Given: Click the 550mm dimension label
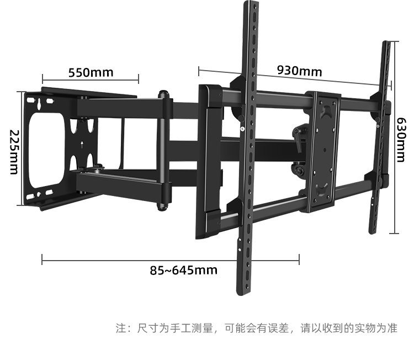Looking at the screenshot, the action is (91, 72).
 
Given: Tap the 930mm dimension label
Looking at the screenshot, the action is (299, 71).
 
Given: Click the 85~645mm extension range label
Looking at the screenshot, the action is (183, 270).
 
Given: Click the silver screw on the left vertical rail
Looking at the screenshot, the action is (242, 129).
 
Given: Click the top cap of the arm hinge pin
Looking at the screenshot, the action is (163, 94).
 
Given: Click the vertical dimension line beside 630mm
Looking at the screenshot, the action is (393, 155).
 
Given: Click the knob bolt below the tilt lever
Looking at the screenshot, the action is (299, 169).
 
